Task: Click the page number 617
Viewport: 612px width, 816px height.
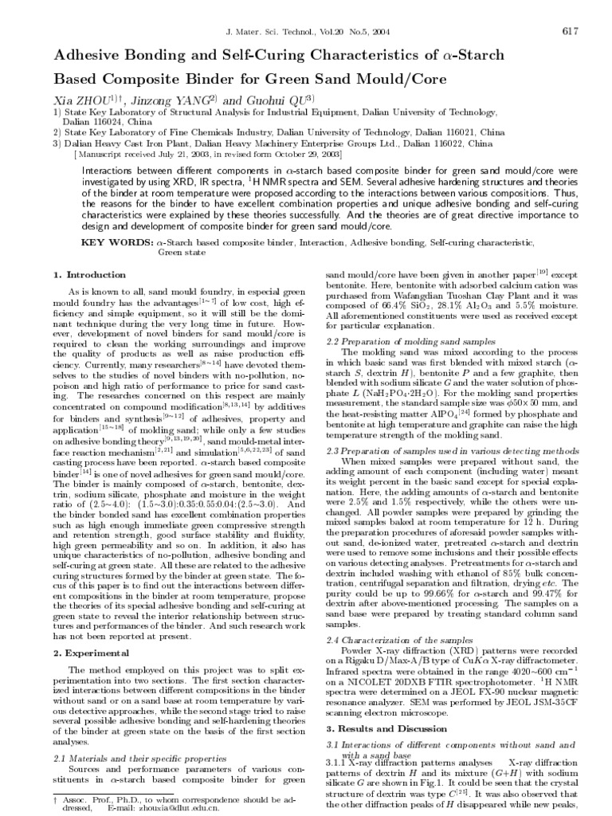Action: coord(569,31)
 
